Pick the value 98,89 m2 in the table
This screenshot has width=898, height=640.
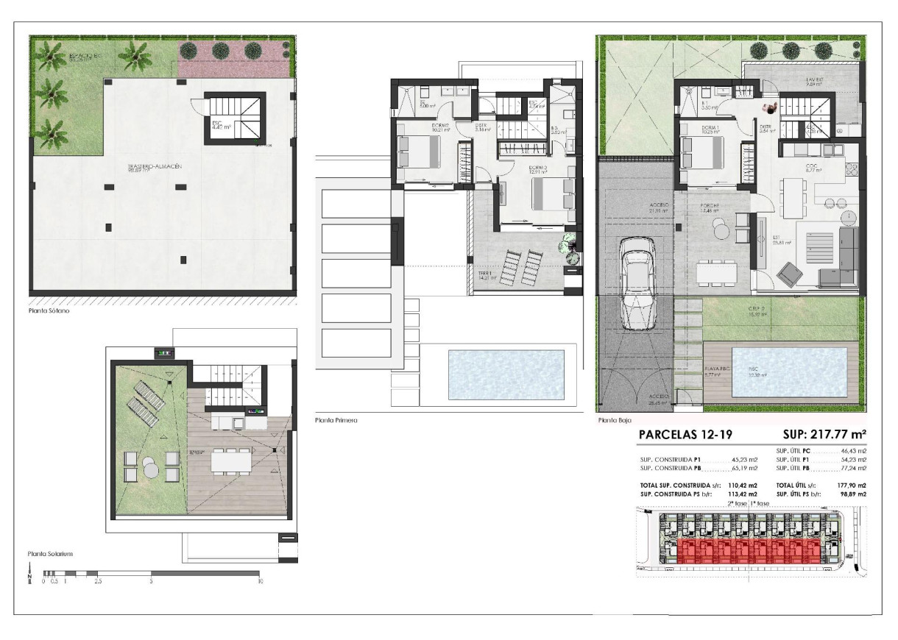[852, 494]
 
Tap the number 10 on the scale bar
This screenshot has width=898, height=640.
[260, 581]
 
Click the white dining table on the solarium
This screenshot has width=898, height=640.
[232, 461]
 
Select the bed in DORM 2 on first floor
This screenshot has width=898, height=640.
[419, 152]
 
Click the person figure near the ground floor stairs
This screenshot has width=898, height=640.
[768, 109]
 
